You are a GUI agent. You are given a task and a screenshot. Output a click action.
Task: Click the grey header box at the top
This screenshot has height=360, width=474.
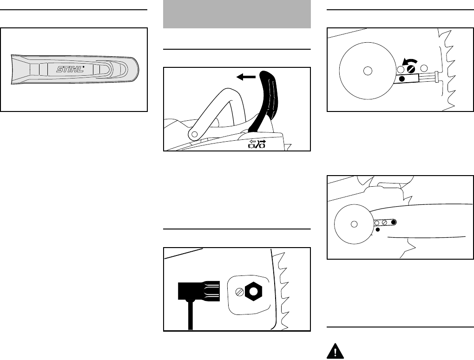237,14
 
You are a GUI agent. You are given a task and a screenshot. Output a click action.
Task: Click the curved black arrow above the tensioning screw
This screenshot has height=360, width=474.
408,61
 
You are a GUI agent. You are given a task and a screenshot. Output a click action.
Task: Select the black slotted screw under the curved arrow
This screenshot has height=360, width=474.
411,69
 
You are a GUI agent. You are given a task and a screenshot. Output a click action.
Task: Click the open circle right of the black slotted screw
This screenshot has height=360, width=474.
423,69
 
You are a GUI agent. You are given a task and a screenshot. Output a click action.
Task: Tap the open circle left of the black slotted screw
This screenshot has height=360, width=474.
399,69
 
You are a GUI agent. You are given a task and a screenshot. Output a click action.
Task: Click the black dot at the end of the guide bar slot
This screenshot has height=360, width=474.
394,223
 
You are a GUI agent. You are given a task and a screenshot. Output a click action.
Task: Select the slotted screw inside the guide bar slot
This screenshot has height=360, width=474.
385,223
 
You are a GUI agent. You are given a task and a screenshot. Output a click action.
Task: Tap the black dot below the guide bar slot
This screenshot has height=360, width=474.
378,229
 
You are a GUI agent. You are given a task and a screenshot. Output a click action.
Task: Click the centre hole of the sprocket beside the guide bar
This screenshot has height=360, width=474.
354,224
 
